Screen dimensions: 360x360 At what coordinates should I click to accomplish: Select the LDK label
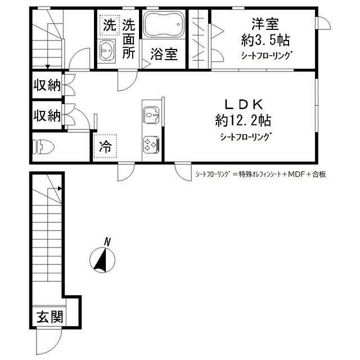pyautogui.click(x=244, y=104)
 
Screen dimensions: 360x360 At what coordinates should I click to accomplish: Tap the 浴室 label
pyautogui.click(x=164, y=54)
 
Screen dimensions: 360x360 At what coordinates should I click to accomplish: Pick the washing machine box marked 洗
pyautogui.click(x=108, y=25)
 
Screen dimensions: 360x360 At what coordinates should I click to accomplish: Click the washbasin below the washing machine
pyautogui.click(x=107, y=51)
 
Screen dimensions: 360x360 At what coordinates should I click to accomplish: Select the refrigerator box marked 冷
pyautogui.click(x=105, y=147)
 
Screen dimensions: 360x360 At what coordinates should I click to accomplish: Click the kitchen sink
pyautogui.click(x=151, y=115)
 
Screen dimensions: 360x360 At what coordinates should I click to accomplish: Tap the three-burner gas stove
pyautogui.click(x=151, y=144)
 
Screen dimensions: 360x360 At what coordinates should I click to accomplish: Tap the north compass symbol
pyautogui.click(x=103, y=259)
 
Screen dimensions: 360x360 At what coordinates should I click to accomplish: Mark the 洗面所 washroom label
pyautogui.click(x=129, y=39)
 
